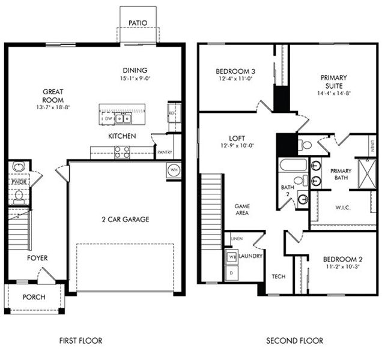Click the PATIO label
click(138, 23)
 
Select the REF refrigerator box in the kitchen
click(173, 113)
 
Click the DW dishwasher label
click(109, 119)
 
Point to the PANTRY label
click(164, 152)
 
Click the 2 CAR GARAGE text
click(125, 219)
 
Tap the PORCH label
click(34, 297)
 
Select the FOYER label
click(37, 258)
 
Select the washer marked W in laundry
click(231, 257)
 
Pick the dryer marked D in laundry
click(231, 273)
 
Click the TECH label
click(278, 277)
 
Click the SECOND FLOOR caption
click(294, 341)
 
